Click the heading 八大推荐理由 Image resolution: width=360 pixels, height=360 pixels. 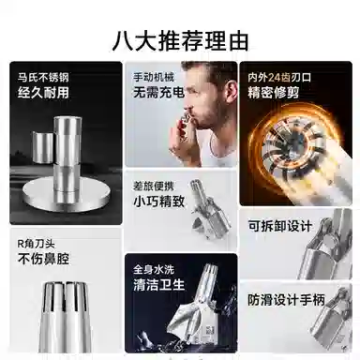click(179, 40)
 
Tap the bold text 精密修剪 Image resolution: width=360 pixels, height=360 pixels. click(271, 95)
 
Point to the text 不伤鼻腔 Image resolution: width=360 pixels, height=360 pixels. click(41, 259)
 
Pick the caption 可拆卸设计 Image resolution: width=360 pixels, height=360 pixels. click(279, 226)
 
